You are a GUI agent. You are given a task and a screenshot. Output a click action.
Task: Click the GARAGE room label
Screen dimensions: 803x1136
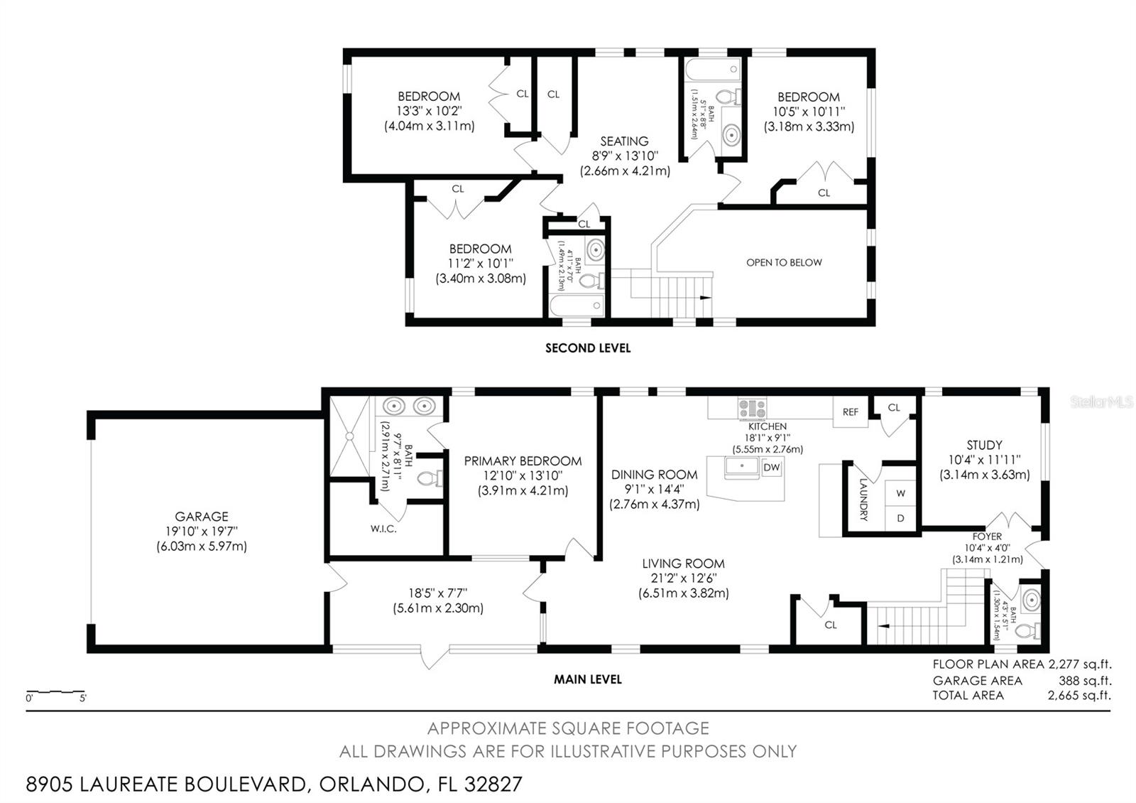tap(202, 517)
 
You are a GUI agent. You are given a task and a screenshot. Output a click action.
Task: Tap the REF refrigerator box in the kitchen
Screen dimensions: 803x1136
tap(851, 412)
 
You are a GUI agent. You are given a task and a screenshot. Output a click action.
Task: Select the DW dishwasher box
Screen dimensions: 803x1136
tap(771, 467)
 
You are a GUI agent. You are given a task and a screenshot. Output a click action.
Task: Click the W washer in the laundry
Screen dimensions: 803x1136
tap(900, 492)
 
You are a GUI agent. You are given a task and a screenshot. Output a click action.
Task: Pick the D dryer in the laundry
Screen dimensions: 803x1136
tap(900, 518)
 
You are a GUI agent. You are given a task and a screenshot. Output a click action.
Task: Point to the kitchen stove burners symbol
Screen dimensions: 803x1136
tap(752, 409)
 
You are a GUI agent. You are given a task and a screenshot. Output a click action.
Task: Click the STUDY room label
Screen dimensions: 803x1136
tap(984, 445)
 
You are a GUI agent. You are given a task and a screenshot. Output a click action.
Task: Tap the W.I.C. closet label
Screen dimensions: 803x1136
tap(383, 529)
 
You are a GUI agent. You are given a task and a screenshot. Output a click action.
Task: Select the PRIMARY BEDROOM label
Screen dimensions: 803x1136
tap(523, 461)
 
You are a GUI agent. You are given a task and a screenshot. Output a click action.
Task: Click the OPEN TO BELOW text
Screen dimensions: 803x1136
tap(784, 262)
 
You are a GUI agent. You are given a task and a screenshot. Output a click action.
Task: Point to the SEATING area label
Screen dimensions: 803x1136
tap(624, 141)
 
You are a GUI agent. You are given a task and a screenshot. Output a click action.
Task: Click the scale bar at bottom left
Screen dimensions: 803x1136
tap(55, 691)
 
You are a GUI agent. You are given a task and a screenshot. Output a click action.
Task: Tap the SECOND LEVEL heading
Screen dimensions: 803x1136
tap(587, 348)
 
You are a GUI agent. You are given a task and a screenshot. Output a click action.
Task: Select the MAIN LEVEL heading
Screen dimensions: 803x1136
tap(587, 679)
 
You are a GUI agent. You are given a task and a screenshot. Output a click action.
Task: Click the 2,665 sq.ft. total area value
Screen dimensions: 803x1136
tap(1079, 695)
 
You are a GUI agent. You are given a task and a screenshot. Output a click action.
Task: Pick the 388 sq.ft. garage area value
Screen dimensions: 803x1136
tap(1084, 680)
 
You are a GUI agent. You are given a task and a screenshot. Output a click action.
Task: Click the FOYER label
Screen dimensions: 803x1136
tap(987, 537)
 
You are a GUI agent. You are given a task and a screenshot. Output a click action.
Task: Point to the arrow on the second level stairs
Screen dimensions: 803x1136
tap(704, 298)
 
